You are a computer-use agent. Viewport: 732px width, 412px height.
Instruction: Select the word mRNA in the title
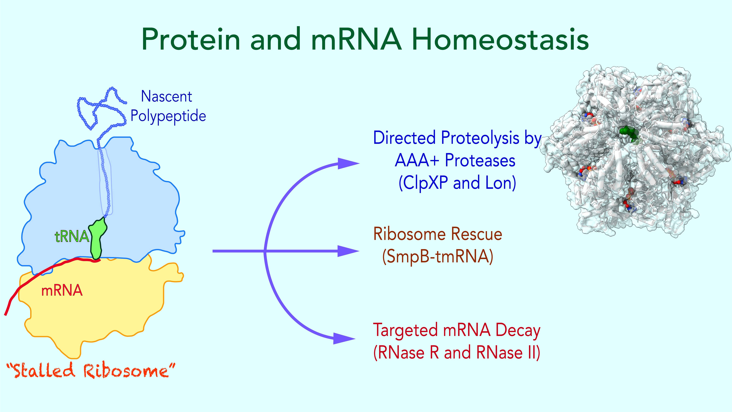click(x=357, y=40)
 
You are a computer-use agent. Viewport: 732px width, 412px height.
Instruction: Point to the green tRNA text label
click(x=72, y=236)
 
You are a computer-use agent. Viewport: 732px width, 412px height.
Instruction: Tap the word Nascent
click(x=166, y=97)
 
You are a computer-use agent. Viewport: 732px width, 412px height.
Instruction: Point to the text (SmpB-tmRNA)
click(x=438, y=257)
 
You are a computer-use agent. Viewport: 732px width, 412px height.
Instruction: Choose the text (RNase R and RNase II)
click(x=456, y=353)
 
